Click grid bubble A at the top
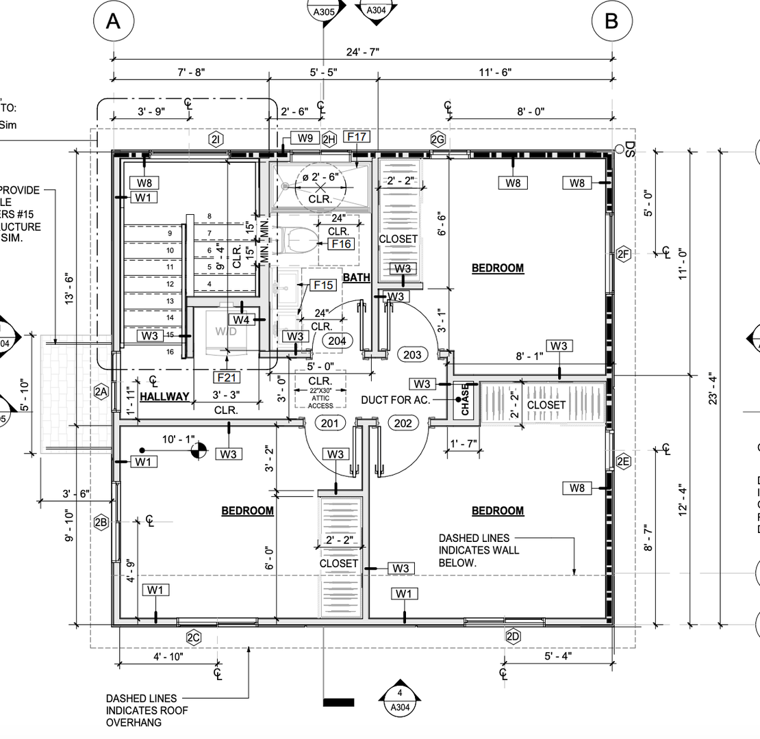pyautogui.click(x=113, y=21)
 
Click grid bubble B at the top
pyautogui.click(x=611, y=21)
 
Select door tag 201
pyautogui.click(x=330, y=424)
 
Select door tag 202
pyautogui.click(x=403, y=424)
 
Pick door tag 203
pyautogui.click(x=412, y=354)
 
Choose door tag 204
pyautogui.click(x=337, y=340)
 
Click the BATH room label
pyautogui.click(x=356, y=277)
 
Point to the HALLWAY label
pyautogui.click(x=164, y=396)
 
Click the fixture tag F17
pyautogui.click(x=357, y=137)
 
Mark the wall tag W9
pyautogui.click(x=305, y=138)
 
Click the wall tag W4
pyautogui.click(x=240, y=319)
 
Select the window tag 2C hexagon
pyautogui.click(x=194, y=637)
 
